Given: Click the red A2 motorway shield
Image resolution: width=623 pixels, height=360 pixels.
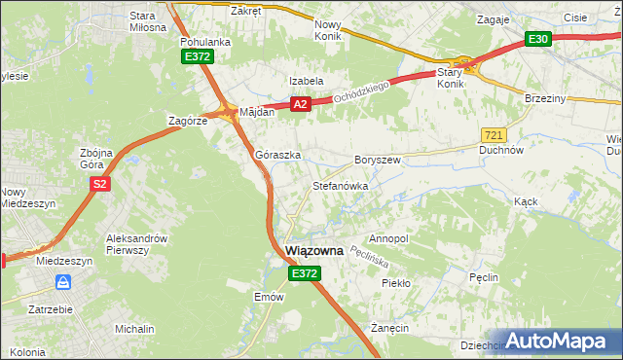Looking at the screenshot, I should (x=300, y=104).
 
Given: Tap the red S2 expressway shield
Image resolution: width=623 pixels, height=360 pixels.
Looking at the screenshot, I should (x=98, y=183).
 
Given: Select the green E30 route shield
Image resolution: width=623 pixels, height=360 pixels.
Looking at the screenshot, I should (x=538, y=39).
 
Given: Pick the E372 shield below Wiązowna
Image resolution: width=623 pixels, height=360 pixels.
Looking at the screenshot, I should (x=303, y=274).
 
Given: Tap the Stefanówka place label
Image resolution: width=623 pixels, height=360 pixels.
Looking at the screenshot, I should (x=340, y=185).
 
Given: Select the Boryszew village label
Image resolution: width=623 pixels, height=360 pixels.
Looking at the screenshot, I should (x=378, y=159).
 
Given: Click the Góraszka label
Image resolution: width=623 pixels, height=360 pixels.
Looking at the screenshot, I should (x=277, y=155).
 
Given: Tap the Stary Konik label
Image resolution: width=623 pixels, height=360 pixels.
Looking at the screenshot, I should (x=449, y=78).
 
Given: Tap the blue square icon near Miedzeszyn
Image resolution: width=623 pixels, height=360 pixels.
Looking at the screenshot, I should (x=63, y=282).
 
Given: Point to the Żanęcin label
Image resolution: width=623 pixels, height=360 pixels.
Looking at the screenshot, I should (x=389, y=329).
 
